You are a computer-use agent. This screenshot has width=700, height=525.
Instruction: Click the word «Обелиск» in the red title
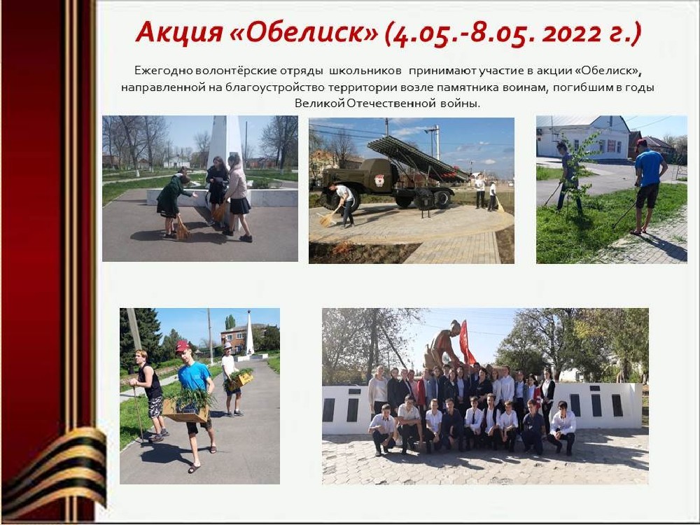(304, 32)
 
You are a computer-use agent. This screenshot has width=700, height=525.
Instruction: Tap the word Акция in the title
(179, 32)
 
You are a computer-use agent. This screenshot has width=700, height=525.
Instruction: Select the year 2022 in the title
(572, 34)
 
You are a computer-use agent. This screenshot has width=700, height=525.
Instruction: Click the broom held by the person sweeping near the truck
(329, 218)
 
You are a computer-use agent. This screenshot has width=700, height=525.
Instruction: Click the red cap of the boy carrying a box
(182, 346)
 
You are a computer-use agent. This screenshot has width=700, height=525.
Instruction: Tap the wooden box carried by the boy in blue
(185, 409)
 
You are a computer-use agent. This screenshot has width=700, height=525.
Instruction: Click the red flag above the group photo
(466, 342)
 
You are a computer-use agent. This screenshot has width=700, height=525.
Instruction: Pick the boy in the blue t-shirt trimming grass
(648, 185)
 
